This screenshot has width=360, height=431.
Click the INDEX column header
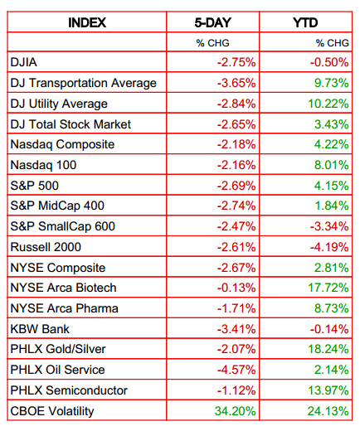[x=87, y=22]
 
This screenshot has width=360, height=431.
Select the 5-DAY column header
[x=212, y=22]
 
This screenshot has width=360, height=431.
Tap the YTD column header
[x=305, y=22]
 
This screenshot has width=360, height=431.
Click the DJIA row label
[x=24, y=62]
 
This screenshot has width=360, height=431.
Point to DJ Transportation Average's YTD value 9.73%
[x=331, y=83]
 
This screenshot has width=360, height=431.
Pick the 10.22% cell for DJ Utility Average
[x=328, y=104]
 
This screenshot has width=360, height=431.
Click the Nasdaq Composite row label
[x=62, y=144]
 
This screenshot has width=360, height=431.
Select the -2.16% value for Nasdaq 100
[x=236, y=165]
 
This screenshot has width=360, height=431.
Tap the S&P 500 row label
[x=35, y=186]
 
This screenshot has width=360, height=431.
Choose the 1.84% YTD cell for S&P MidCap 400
[x=332, y=206]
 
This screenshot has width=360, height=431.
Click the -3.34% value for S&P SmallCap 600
[x=329, y=226]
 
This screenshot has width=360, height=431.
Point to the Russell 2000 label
[x=46, y=247]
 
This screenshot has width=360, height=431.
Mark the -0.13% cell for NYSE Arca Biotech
[x=236, y=288]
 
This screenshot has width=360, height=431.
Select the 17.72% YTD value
[x=328, y=288]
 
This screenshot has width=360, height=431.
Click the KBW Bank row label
[x=40, y=329]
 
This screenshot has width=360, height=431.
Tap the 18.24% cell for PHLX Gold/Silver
[x=328, y=349]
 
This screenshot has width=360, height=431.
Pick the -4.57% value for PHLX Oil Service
[x=236, y=370]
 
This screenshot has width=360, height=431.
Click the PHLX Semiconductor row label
[x=69, y=390]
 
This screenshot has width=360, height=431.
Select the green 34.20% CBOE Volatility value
[x=235, y=411]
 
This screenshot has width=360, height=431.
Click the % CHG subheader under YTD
[x=333, y=43]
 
